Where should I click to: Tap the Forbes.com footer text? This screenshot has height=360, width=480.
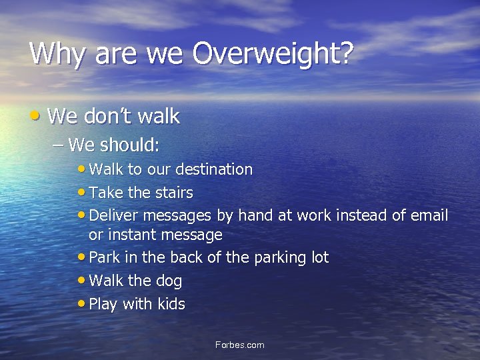(240, 345)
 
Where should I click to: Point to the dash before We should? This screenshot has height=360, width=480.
(59, 144)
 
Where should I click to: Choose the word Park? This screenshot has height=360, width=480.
(104, 257)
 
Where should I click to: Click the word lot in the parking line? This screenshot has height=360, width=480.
(318, 257)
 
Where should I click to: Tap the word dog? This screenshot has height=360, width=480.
(168, 281)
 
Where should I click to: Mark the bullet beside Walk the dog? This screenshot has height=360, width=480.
(81, 280)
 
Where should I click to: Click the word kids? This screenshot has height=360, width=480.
(171, 304)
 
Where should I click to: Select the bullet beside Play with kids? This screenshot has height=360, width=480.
(81, 303)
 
